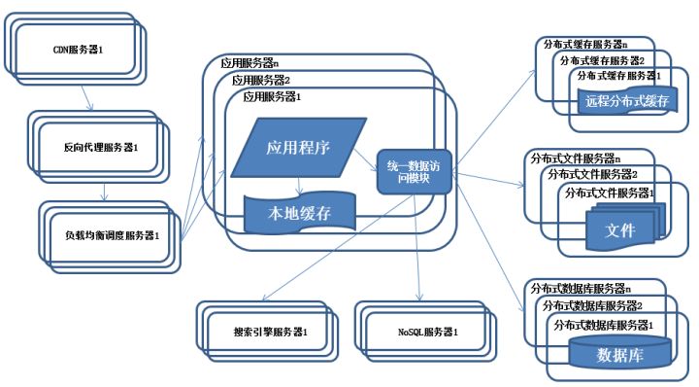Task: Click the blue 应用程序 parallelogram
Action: tap(298, 148)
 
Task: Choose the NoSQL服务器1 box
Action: tap(426, 333)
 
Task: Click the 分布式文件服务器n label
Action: tap(574, 158)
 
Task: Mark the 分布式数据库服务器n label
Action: tap(578, 289)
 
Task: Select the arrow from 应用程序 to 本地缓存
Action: tap(299, 187)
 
